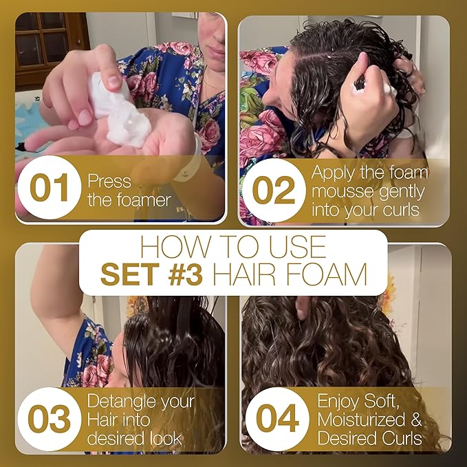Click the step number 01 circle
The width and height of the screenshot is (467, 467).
(x=49, y=187)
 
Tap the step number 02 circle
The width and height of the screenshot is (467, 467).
(x=274, y=191)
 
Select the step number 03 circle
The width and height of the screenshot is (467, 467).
(x=49, y=419)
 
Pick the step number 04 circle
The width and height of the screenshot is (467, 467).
(x=277, y=419)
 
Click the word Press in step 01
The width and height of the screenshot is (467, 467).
(x=109, y=181)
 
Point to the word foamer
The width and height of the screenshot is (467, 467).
(x=144, y=200)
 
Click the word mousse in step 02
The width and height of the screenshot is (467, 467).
(x=339, y=191)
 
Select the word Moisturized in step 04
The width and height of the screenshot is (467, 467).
(x=361, y=420)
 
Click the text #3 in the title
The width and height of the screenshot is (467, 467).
(x=185, y=274)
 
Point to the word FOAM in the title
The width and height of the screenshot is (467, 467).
(x=327, y=274)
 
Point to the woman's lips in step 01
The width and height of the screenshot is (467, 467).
(x=217, y=53)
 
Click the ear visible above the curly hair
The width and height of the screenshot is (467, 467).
(x=303, y=307)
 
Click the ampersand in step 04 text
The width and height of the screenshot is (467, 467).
(x=416, y=420)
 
